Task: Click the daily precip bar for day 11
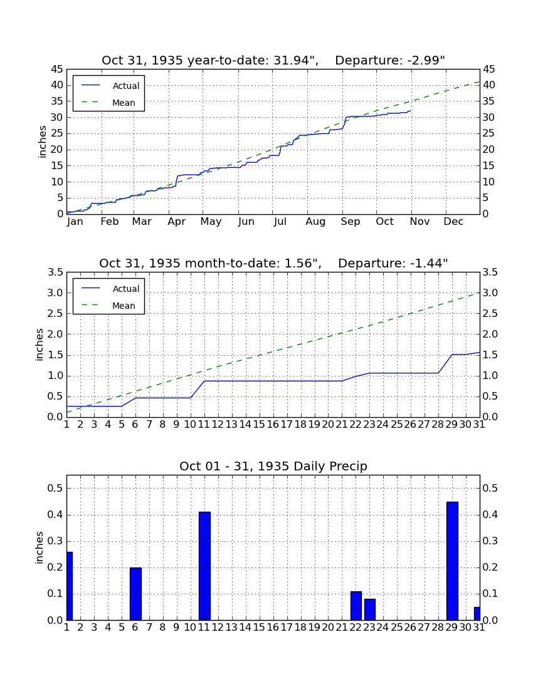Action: point(204,566)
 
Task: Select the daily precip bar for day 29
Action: point(452,561)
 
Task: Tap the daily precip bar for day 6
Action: point(135,594)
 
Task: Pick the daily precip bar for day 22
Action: point(356,606)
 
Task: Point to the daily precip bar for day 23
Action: point(370,609)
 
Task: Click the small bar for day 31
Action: point(477,614)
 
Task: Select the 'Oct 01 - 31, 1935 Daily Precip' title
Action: point(273,466)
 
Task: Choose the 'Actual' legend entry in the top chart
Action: point(126,86)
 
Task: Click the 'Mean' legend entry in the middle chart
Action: point(124,306)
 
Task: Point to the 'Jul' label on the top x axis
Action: point(280,222)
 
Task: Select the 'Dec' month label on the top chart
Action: point(453,222)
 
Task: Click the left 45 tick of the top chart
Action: point(57,70)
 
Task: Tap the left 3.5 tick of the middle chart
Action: point(55,272)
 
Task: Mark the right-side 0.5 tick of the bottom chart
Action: point(490,488)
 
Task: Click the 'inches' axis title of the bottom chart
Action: point(40,547)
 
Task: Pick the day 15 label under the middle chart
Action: point(259,425)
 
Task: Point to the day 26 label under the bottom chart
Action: point(410,628)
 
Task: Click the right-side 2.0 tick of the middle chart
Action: point(490,334)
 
